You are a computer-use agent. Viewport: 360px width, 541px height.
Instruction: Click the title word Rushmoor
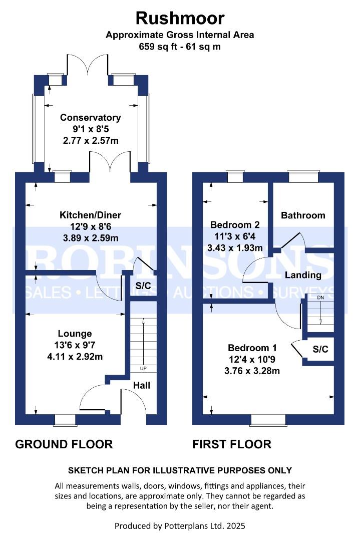tap(180, 19)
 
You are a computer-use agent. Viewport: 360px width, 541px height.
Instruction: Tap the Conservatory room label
tap(90, 118)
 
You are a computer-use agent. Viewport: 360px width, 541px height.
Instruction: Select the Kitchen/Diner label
tap(90, 215)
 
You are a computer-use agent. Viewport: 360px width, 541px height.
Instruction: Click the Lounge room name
tap(75, 333)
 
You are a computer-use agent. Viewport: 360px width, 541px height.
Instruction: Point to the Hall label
tap(142, 385)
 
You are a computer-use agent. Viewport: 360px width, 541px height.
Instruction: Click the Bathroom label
tap(303, 215)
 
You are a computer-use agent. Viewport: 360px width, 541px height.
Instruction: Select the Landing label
tap(303, 275)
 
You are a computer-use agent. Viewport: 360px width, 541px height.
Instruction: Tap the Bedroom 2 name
tap(235, 224)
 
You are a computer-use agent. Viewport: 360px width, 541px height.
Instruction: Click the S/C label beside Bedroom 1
tap(320, 349)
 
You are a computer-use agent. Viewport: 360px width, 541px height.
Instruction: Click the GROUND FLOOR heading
tap(64, 444)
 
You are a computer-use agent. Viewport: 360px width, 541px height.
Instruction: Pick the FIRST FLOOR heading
tap(232, 444)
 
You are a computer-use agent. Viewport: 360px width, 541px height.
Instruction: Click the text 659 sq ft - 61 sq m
tap(180, 47)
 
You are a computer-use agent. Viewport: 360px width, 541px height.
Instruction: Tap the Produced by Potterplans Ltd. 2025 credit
tap(180, 526)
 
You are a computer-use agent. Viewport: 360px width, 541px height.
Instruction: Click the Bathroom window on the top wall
tap(303, 175)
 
